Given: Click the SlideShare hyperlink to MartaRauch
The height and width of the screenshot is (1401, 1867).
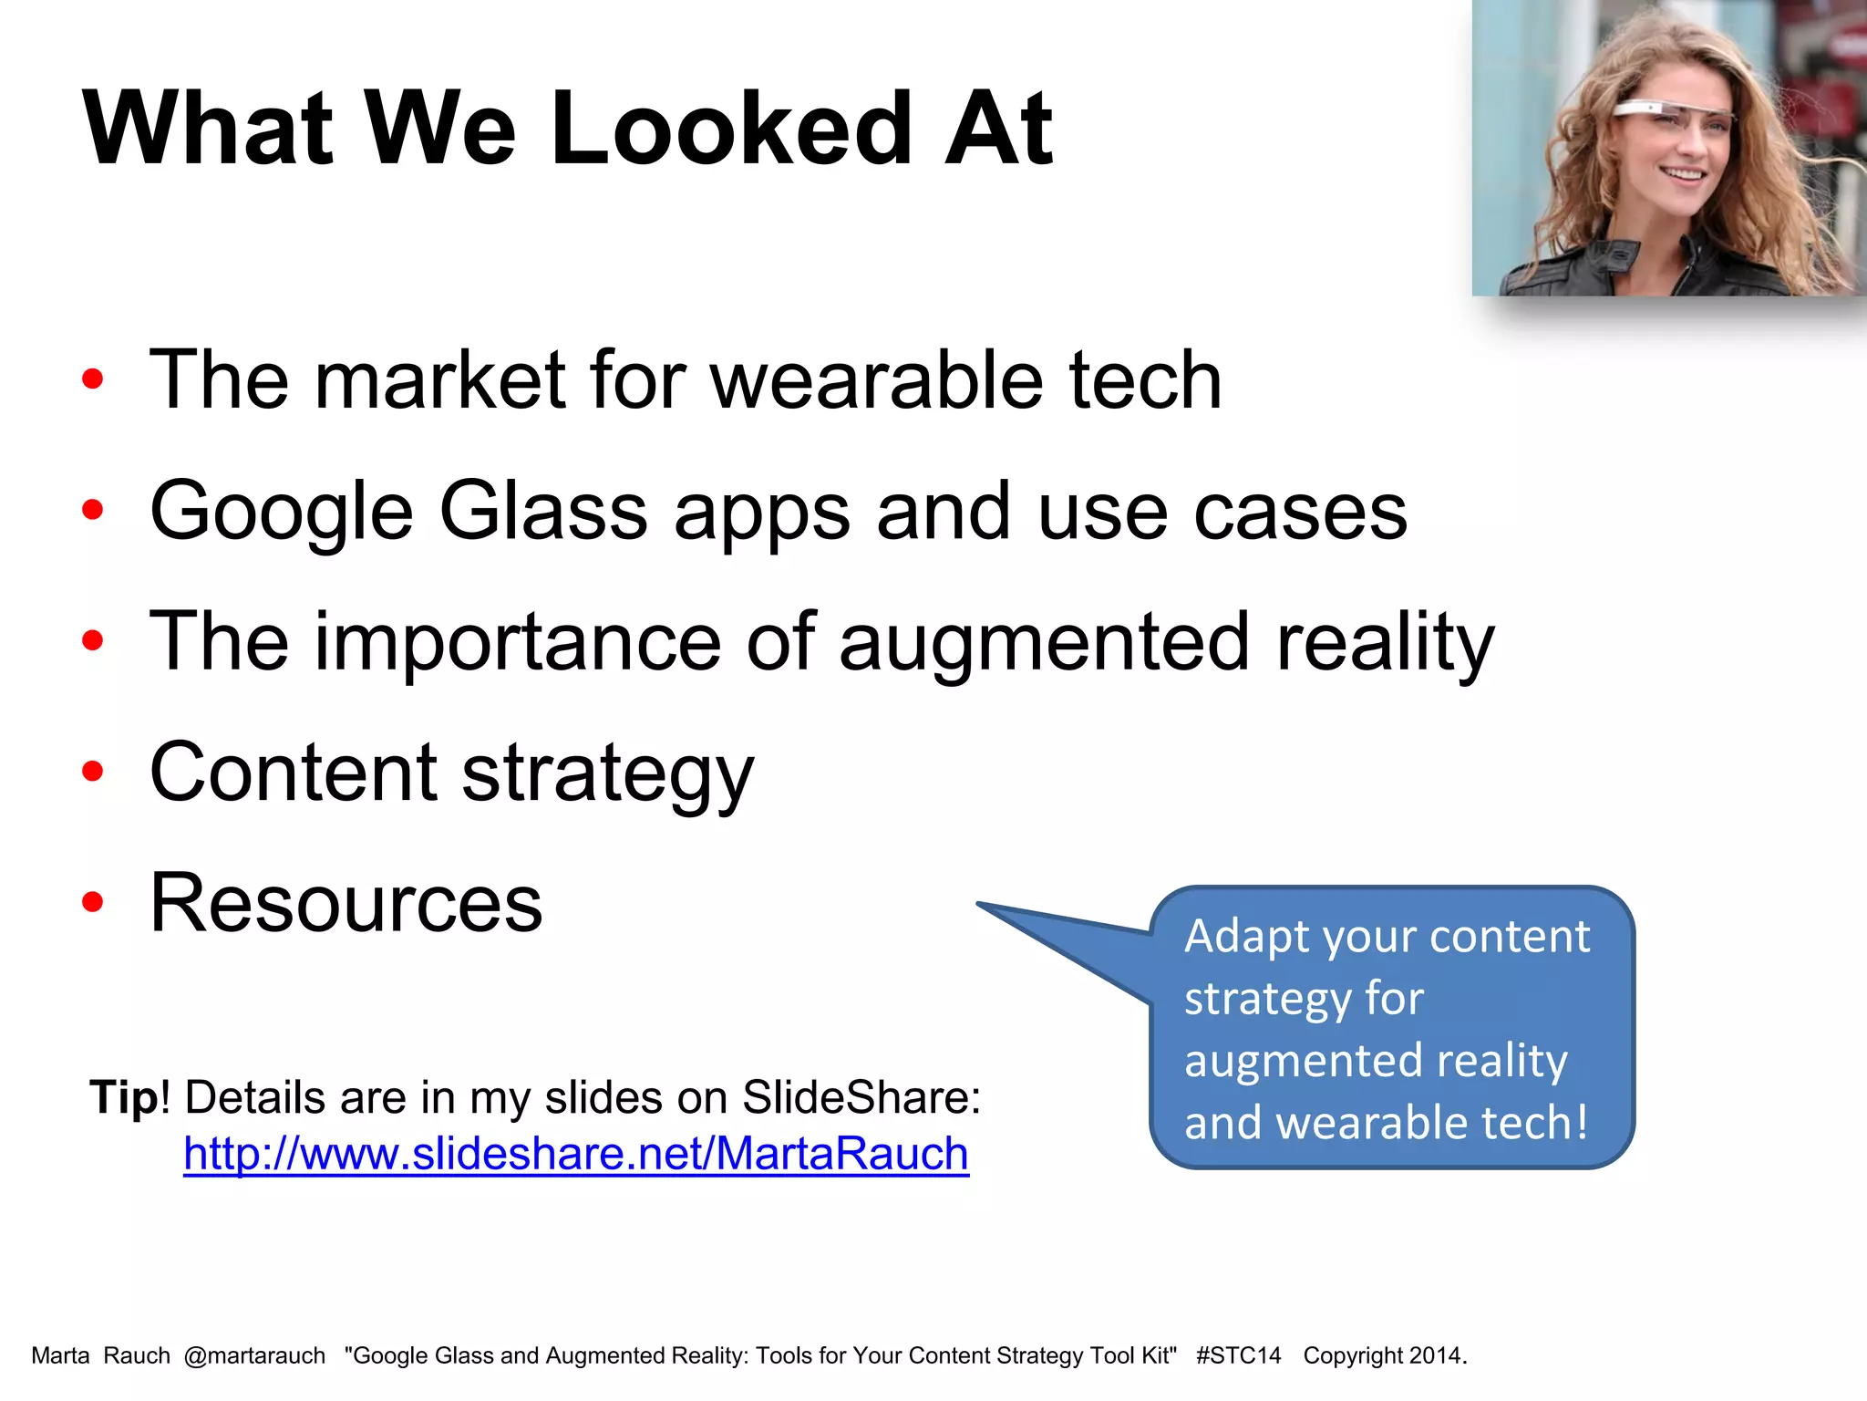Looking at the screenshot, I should coord(575,1154).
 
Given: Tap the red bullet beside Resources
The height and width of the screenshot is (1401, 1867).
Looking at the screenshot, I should coord(92,902).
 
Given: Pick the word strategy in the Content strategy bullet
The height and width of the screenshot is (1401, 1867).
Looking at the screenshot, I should coord(607,773).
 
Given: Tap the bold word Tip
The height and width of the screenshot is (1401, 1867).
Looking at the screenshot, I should coord(124,1096).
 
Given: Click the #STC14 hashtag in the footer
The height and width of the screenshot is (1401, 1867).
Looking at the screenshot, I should coord(1238,1355).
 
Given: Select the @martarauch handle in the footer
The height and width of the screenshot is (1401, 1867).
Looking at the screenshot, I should coord(254,1355).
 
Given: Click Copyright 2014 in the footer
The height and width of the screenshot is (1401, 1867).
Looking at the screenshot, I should coord(1384,1355).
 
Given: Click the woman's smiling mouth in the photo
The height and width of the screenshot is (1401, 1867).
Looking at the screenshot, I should coord(1682,173).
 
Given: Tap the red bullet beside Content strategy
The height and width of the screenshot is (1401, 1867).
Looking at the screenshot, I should coord(92,772).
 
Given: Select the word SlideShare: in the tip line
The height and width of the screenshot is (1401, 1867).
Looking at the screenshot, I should coord(861,1096).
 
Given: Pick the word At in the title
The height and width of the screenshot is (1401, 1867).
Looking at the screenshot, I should coord(998,129).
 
